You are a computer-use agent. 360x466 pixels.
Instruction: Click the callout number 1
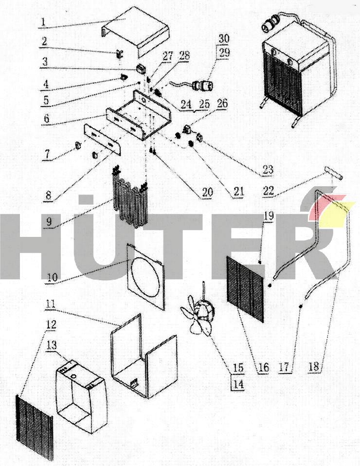(x=43, y=22)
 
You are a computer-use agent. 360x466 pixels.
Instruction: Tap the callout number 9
(x=49, y=221)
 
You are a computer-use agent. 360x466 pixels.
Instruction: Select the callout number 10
(x=52, y=277)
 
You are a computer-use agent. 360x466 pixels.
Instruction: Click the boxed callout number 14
(x=238, y=384)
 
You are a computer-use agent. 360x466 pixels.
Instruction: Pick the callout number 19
(x=269, y=216)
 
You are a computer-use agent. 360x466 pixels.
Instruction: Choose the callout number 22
(x=269, y=191)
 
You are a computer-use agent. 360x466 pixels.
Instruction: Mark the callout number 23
(x=268, y=170)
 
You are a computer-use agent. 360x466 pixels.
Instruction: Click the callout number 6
(x=46, y=118)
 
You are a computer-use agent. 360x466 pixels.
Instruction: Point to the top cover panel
(x=136, y=32)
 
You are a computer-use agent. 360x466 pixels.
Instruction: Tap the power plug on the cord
(x=202, y=85)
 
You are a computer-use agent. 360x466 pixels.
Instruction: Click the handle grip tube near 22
(x=335, y=173)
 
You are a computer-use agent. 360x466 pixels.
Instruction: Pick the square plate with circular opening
(x=145, y=276)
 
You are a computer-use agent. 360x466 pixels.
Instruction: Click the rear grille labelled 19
(x=245, y=289)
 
